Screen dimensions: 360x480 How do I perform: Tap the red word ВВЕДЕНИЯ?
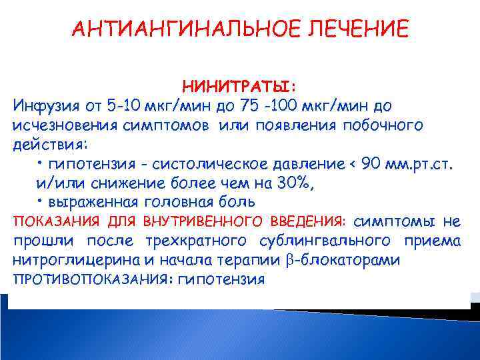[x=309, y=221]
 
